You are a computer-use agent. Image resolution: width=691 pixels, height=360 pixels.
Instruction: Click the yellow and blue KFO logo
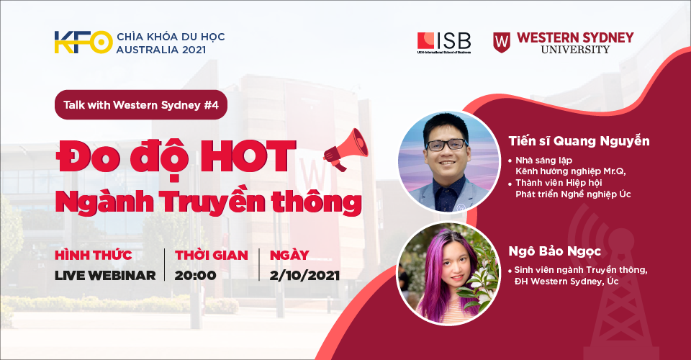pyautogui.click(x=83, y=42)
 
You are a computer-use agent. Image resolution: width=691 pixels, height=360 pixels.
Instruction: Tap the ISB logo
pyautogui.click(x=444, y=42)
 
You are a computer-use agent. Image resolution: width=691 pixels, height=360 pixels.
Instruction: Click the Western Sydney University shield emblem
pyautogui.click(x=502, y=42)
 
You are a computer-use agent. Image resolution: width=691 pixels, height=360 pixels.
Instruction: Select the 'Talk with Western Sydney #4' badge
pyautogui.click(x=141, y=105)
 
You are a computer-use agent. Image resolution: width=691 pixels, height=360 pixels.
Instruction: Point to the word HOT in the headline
pyautogui.click(x=248, y=156)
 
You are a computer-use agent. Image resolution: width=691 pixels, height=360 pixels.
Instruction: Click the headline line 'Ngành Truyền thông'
pyautogui.click(x=209, y=202)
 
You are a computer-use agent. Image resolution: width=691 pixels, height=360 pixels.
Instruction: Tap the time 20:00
pyautogui.click(x=195, y=275)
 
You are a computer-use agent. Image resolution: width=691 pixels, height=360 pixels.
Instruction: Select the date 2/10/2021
pyautogui.click(x=304, y=275)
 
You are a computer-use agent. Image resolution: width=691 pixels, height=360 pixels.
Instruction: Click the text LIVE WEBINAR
pyautogui.click(x=105, y=275)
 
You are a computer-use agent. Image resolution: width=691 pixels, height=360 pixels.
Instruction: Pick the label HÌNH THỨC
pyautogui.click(x=93, y=255)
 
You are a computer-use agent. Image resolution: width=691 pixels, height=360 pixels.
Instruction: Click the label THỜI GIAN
pyautogui.click(x=212, y=255)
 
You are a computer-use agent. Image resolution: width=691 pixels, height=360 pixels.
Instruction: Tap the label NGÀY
pyautogui.click(x=289, y=255)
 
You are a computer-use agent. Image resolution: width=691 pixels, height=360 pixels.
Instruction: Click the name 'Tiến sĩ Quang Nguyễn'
pyautogui.click(x=579, y=141)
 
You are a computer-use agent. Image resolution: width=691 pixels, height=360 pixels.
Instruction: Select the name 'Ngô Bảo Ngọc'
pyautogui.click(x=555, y=251)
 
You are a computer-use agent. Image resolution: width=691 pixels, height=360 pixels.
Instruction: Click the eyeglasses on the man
pyautogui.click(x=446, y=145)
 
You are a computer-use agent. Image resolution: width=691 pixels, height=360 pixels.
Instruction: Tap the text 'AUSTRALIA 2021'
pyautogui.click(x=161, y=50)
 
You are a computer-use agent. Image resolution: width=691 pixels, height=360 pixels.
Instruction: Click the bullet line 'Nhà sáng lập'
pyautogui.click(x=544, y=161)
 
